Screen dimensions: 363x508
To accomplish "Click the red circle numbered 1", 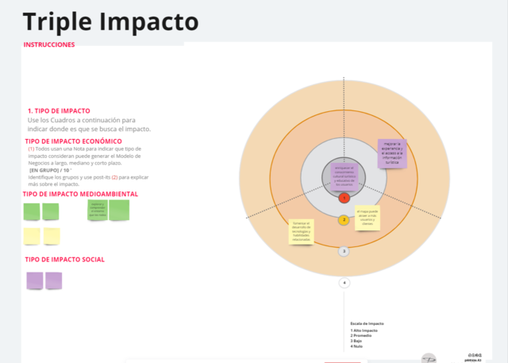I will pos(344,197).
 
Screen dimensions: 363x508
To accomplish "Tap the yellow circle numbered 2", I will pos(344,220).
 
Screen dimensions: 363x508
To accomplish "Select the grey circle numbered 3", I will pos(344,251).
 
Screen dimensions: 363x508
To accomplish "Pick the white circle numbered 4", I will pos(344,283).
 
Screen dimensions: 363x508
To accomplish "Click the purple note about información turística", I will pos(393,153).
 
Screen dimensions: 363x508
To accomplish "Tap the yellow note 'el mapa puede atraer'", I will pos(368,218).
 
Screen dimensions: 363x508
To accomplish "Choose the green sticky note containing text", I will pos(97,209).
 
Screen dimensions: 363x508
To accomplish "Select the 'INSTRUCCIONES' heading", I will pos(49,45).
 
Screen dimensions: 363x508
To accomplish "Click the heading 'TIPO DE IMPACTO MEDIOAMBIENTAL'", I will pos(81,194).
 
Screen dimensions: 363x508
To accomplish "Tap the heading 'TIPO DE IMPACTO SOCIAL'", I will pos(65,260).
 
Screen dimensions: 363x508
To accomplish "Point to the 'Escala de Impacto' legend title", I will pos(367,324).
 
